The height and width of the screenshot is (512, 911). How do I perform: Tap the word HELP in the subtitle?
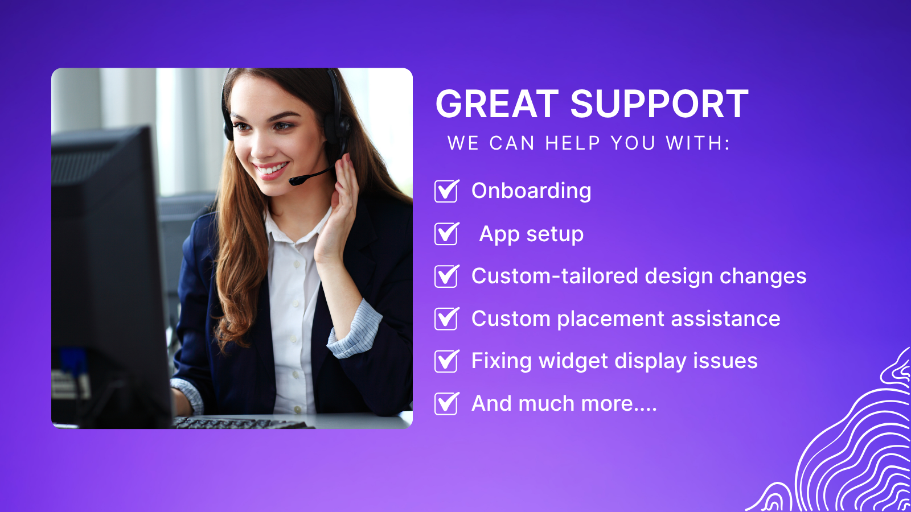coord(572,143)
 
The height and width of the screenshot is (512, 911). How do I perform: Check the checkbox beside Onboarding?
coord(446,191)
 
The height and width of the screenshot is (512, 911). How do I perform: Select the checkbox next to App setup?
coord(446,234)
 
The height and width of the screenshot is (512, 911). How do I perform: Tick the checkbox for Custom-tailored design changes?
coord(446,276)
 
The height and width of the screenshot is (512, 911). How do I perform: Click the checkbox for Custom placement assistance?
coord(446,319)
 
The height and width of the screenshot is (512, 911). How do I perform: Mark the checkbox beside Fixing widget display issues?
coord(446,361)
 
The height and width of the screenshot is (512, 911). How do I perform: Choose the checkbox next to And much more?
coord(446,404)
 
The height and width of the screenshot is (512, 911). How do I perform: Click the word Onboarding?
coord(531,191)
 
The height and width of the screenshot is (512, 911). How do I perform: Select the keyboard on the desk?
coord(239,423)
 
